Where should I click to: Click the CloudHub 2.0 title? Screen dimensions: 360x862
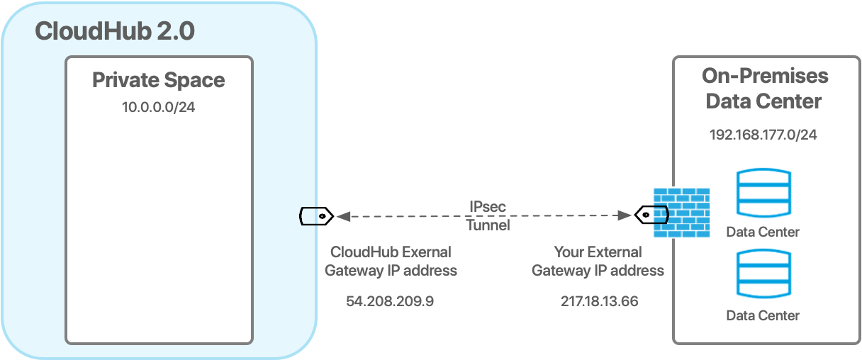point(114,31)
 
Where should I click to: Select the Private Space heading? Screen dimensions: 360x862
point(158,80)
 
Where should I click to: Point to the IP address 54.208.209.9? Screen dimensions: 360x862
point(390,301)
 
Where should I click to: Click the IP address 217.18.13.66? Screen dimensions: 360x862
point(599,301)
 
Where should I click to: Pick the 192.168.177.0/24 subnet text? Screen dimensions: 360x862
point(763,135)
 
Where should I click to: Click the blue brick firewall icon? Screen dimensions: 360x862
point(681,213)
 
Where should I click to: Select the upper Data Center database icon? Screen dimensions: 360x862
point(763,193)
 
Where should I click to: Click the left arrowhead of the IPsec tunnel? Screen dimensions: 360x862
point(341,215)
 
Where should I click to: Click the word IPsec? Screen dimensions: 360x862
point(488,207)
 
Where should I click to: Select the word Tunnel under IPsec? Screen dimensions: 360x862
point(488,225)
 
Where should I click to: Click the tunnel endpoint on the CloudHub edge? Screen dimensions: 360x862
point(309,215)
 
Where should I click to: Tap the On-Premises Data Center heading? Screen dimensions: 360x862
point(764,88)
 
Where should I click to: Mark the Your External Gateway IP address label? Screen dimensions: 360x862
point(598,261)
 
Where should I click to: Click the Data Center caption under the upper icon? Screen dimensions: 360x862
point(763,232)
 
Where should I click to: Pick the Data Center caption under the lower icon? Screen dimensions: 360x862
point(763,315)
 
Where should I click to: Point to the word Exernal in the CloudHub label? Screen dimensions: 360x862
point(427,252)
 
